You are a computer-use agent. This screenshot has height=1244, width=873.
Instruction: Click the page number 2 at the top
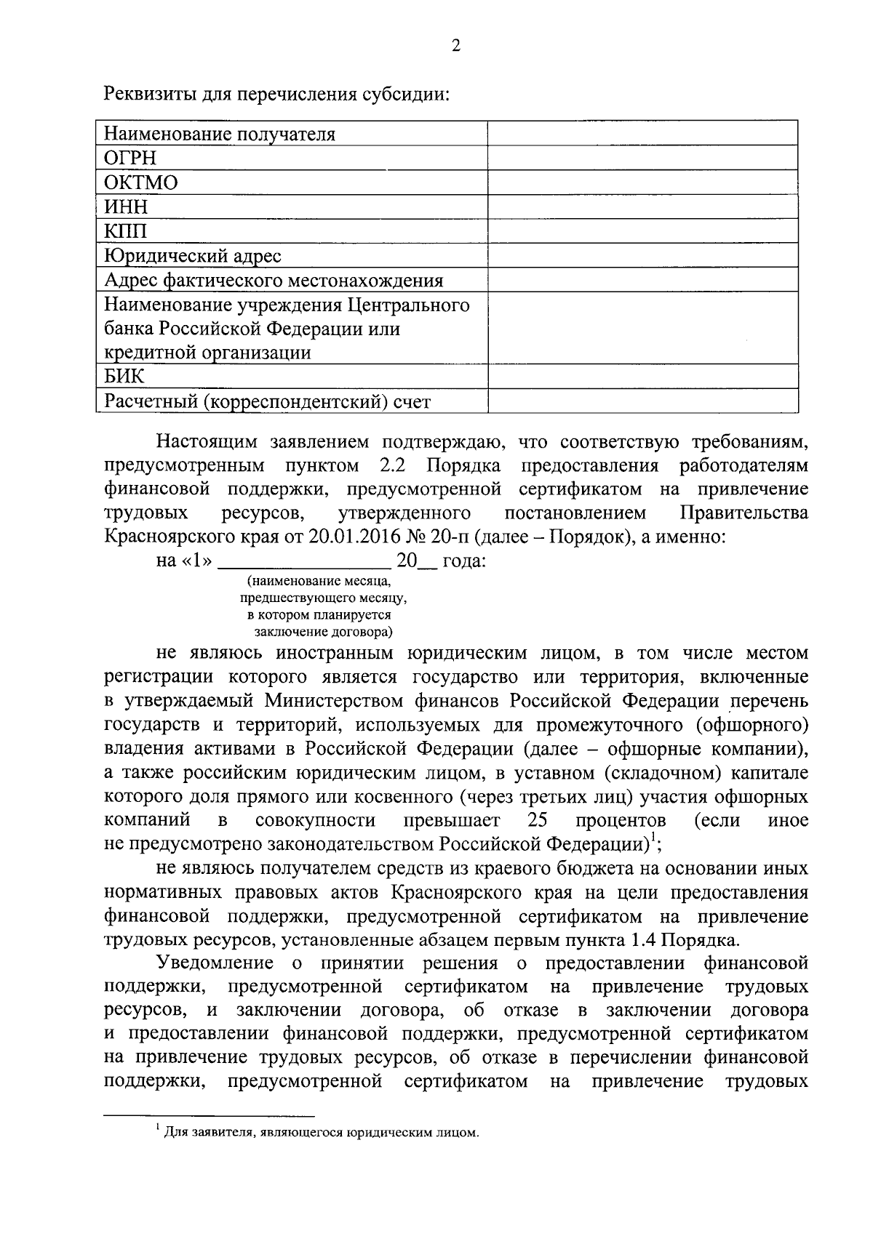[456, 46]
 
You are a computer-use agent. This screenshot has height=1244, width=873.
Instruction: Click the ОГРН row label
[130, 158]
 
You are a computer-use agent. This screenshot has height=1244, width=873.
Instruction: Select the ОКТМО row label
[141, 182]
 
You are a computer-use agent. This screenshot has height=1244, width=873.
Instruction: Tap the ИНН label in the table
[126, 207]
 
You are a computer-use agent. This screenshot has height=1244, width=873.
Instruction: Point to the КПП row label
[126, 231]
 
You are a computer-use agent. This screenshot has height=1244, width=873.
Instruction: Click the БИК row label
[124, 377]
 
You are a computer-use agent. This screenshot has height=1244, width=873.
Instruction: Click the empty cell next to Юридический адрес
[642, 255]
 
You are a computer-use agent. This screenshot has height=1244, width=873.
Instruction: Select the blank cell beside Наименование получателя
[642, 134]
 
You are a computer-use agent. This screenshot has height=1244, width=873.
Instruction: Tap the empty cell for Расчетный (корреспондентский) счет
[642, 401]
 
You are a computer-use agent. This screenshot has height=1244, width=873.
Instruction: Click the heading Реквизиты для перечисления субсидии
[279, 95]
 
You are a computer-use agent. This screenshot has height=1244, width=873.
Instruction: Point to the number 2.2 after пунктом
[394, 465]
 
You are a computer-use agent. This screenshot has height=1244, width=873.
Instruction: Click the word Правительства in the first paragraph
[743, 513]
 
